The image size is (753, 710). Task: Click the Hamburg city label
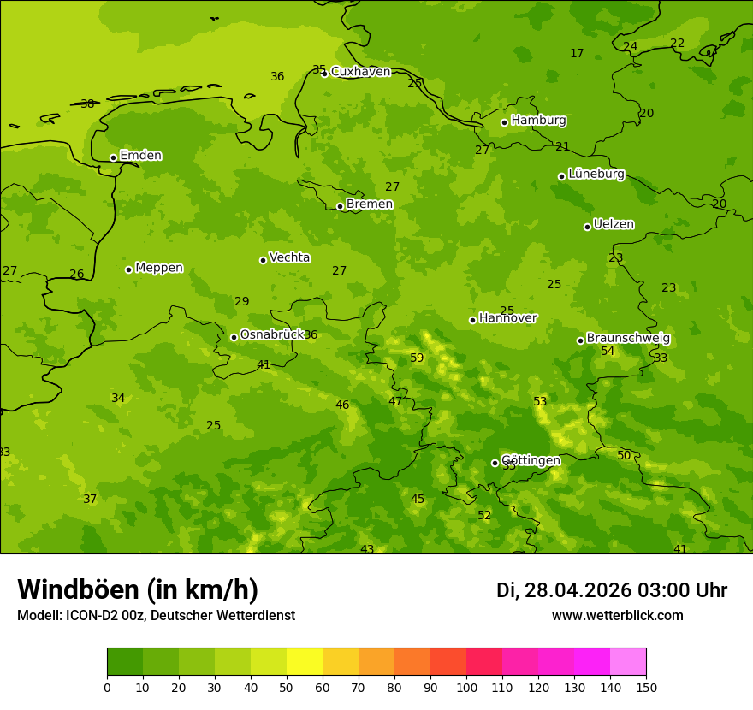click(538, 121)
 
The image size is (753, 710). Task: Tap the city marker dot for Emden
click(113, 157)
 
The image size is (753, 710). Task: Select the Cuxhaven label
click(360, 72)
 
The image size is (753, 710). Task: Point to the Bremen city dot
click(340, 206)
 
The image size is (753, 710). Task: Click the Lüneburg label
click(596, 174)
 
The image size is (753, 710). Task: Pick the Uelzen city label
click(614, 224)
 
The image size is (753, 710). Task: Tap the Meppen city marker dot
click(128, 269)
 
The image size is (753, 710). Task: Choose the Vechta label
click(289, 257)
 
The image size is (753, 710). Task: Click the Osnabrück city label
click(272, 334)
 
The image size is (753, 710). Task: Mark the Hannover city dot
click(472, 320)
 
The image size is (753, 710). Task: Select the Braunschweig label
click(628, 339)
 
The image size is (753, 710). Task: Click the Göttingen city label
click(531, 460)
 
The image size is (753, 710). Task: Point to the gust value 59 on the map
click(417, 358)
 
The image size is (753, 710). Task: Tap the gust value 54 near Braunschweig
click(608, 351)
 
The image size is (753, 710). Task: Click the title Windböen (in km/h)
click(138, 589)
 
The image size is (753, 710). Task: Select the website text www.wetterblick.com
click(617, 616)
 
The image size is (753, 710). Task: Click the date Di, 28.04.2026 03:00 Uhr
click(612, 590)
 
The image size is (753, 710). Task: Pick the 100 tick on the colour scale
click(466, 687)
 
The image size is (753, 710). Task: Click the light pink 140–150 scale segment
click(628, 662)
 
